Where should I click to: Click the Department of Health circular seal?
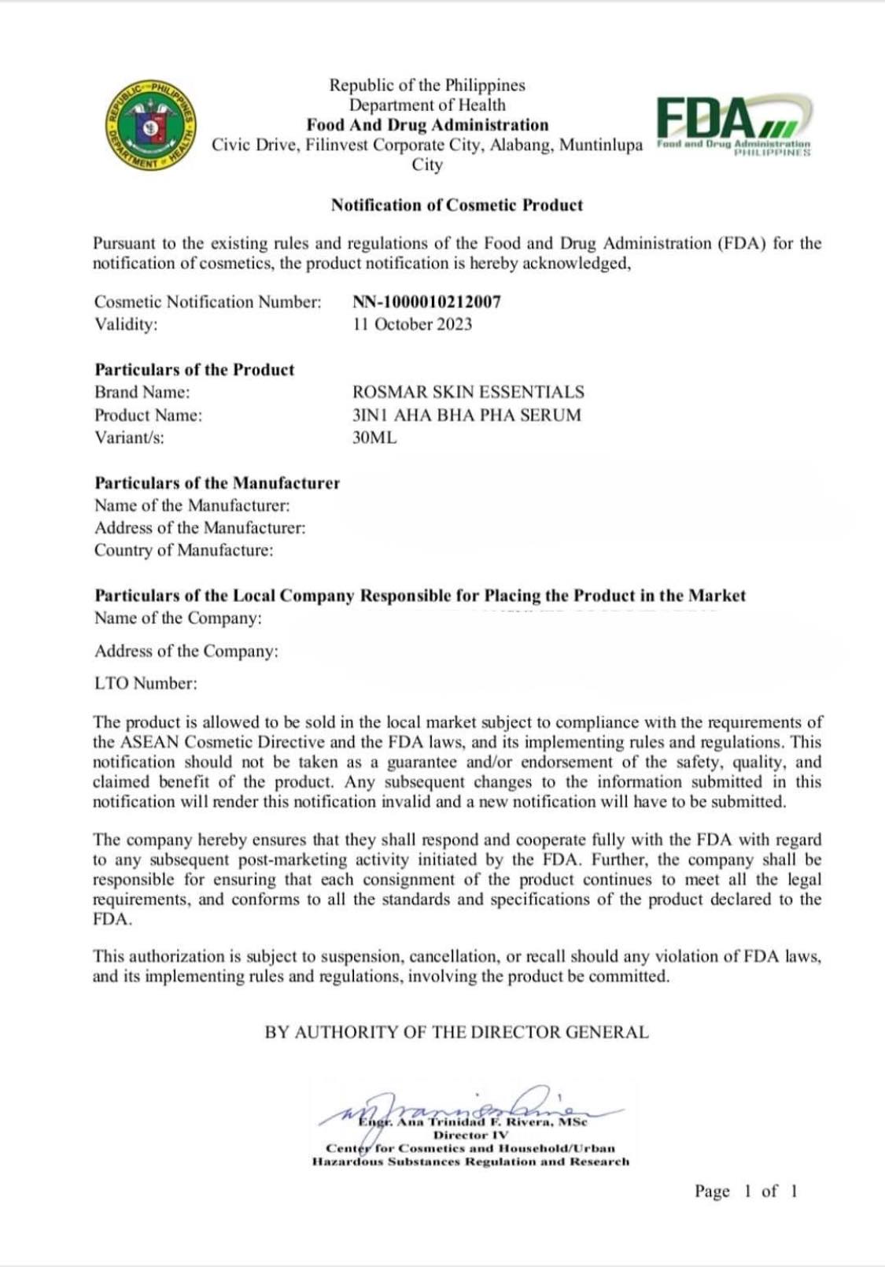tap(152, 125)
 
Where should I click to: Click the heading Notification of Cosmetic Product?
tap(456, 205)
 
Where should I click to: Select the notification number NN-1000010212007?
tap(426, 301)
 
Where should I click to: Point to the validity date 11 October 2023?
tap(412, 324)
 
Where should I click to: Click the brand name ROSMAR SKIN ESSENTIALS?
tap(468, 392)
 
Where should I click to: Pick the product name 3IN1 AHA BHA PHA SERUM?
tap(466, 415)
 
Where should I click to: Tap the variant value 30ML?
tap(374, 438)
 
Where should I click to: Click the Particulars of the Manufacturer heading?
tap(217, 483)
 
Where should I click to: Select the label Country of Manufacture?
tap(184, 550)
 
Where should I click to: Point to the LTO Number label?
tap(146, 683)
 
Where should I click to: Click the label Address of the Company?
tap(186, 651)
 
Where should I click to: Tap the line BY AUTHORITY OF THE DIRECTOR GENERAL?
tap(456, 1032)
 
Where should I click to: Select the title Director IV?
tap(470, 1136)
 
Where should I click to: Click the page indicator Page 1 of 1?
tap(746, 1191)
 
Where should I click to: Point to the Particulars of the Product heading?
tap(194, 370)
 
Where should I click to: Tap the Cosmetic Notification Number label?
tap(208, 301)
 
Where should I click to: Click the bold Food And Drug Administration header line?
tap(427, 125)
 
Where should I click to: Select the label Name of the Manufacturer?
tap(192, 505)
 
